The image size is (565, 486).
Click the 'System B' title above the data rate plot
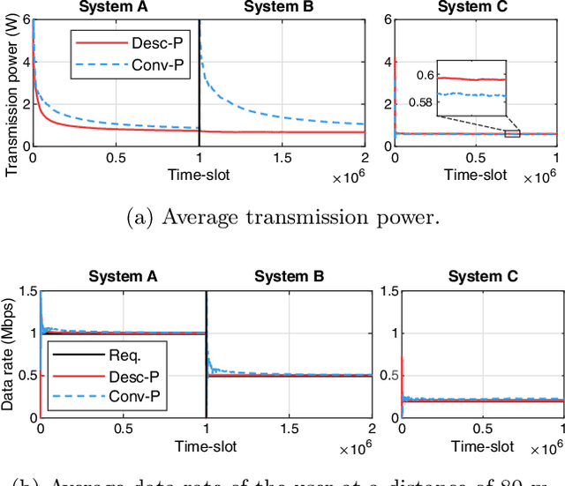point(288,276)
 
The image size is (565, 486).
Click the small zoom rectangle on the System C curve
point(512,133)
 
